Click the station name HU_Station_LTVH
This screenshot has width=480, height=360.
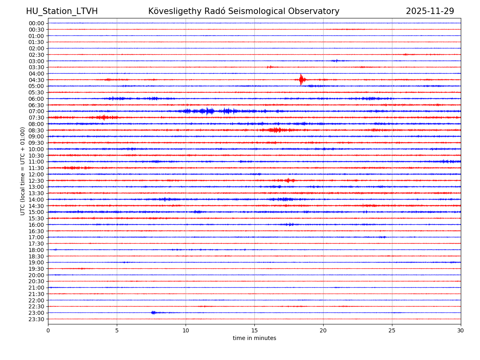(x=62, y=11)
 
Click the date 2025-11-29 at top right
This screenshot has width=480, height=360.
(x=430, y=11)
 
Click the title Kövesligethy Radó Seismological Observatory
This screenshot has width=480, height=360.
(x=244, y=11)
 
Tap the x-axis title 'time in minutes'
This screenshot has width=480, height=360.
(x=254, y=338)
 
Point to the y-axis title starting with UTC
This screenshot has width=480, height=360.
(x=23, y=171)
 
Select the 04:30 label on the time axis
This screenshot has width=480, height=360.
(x=36, y=80)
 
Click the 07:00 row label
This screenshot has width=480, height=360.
(x=36, y=111)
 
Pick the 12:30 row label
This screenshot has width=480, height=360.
(x=36, y=181)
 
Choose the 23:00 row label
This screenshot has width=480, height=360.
(x=36, y=313)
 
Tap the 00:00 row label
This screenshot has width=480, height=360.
(x=36, y=23)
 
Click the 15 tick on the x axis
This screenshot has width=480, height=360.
(x=254, y=330)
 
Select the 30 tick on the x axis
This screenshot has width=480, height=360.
(x=461, y=330)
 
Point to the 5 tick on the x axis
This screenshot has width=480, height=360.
(x=117, y=330)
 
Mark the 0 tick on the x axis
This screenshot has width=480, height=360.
(x=48, y=330)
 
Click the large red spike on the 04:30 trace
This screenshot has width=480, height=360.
(x=301, y=79)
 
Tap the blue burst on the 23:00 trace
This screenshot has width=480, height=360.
(x=153, y=312)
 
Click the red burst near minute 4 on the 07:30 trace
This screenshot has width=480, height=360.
(x=104, y=117)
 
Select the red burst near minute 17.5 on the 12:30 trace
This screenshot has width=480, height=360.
(x=289, y=180)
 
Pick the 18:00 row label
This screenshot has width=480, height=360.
(x=36, y=250)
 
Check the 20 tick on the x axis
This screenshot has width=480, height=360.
(x=323, y=330)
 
